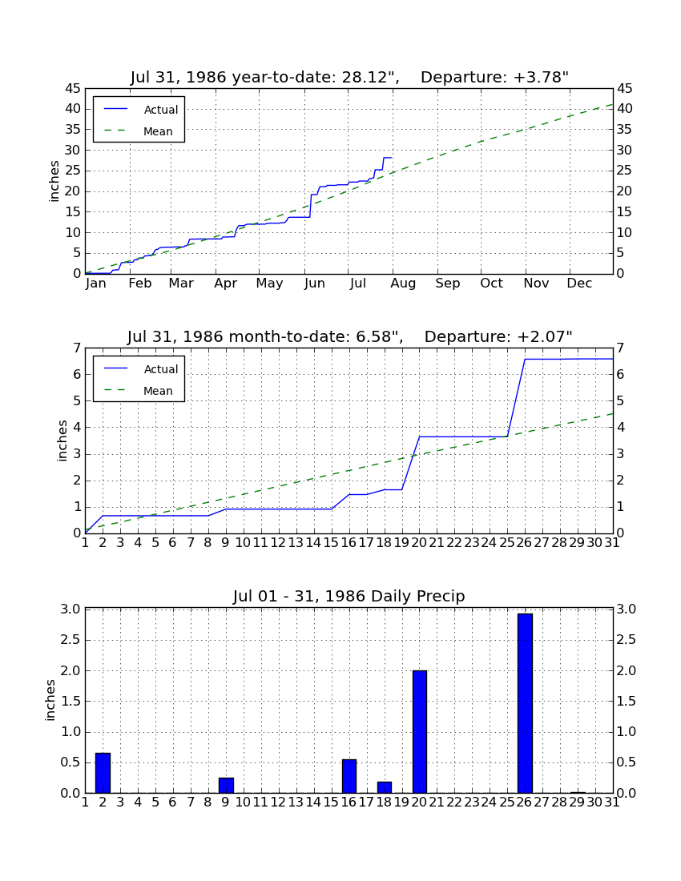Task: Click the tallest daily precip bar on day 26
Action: (x=525, y=703)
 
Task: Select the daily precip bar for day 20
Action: (x=420, y=731)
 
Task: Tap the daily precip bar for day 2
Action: (x=103, y=773)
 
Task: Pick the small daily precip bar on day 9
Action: (x=226, y=786)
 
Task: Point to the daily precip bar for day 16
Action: (x=349, y=777)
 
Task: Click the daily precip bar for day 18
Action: (x=385, y=788)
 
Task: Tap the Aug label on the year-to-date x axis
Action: (x=404, y=284)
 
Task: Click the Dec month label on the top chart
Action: (x=579, y=284)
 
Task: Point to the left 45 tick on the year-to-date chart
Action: (x=74, y=89)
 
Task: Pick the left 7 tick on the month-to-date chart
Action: (x=77, y=348)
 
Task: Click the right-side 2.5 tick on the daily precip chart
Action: (x=627, y=640)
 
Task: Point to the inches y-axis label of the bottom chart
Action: (x=50, y=701)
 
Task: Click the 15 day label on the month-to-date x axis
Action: (x=332, y=543)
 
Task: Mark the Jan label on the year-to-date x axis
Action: (x=96, y=284)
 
